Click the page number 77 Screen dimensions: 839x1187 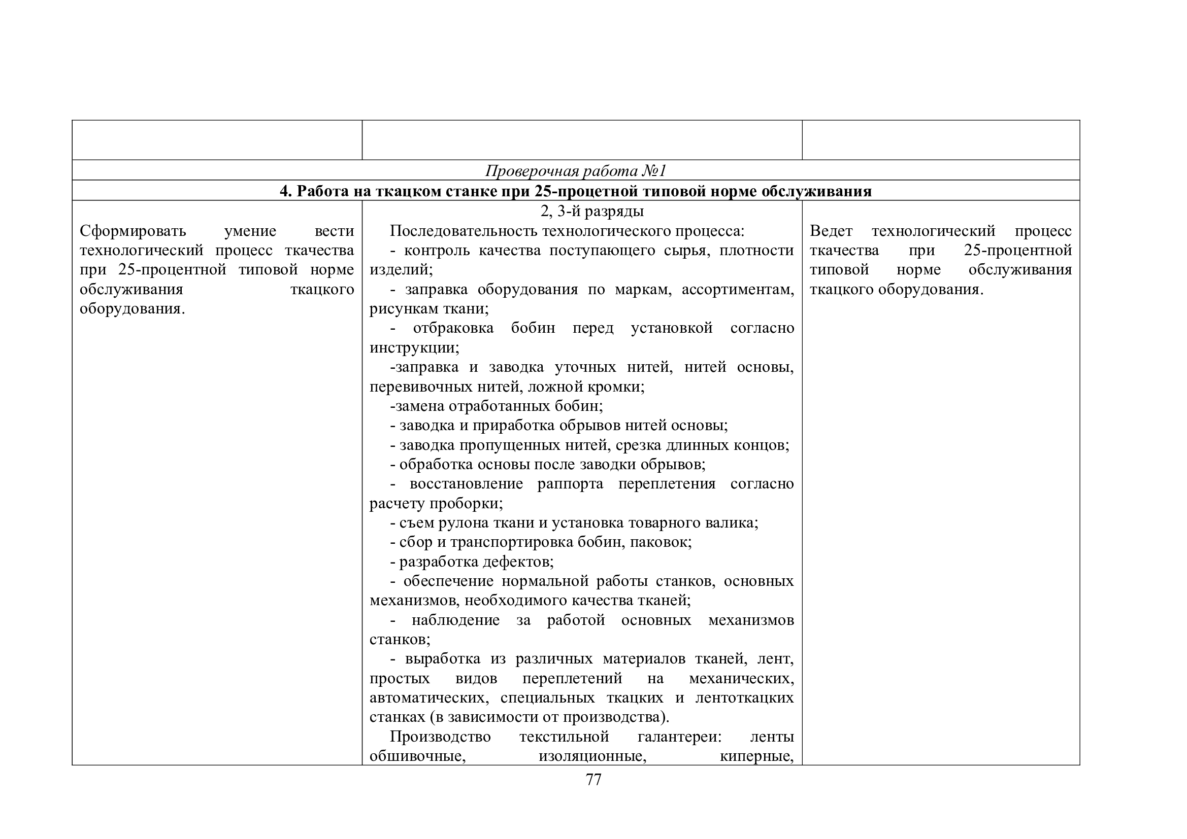click(x=593, y=780)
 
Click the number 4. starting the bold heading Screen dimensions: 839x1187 click(x=286, y=192)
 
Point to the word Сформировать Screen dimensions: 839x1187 click(x=133, y=231)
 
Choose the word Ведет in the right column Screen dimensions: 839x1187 click(x=831, y=231)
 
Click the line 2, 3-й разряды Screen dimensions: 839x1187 click(x=592, y=212)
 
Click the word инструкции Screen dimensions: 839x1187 click(x=414, y=347)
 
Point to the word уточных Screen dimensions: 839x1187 click(x=585, y=367)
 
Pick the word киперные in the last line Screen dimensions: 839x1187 click(x=756, y=756)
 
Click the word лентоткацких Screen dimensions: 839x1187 click(x=744, y=698)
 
